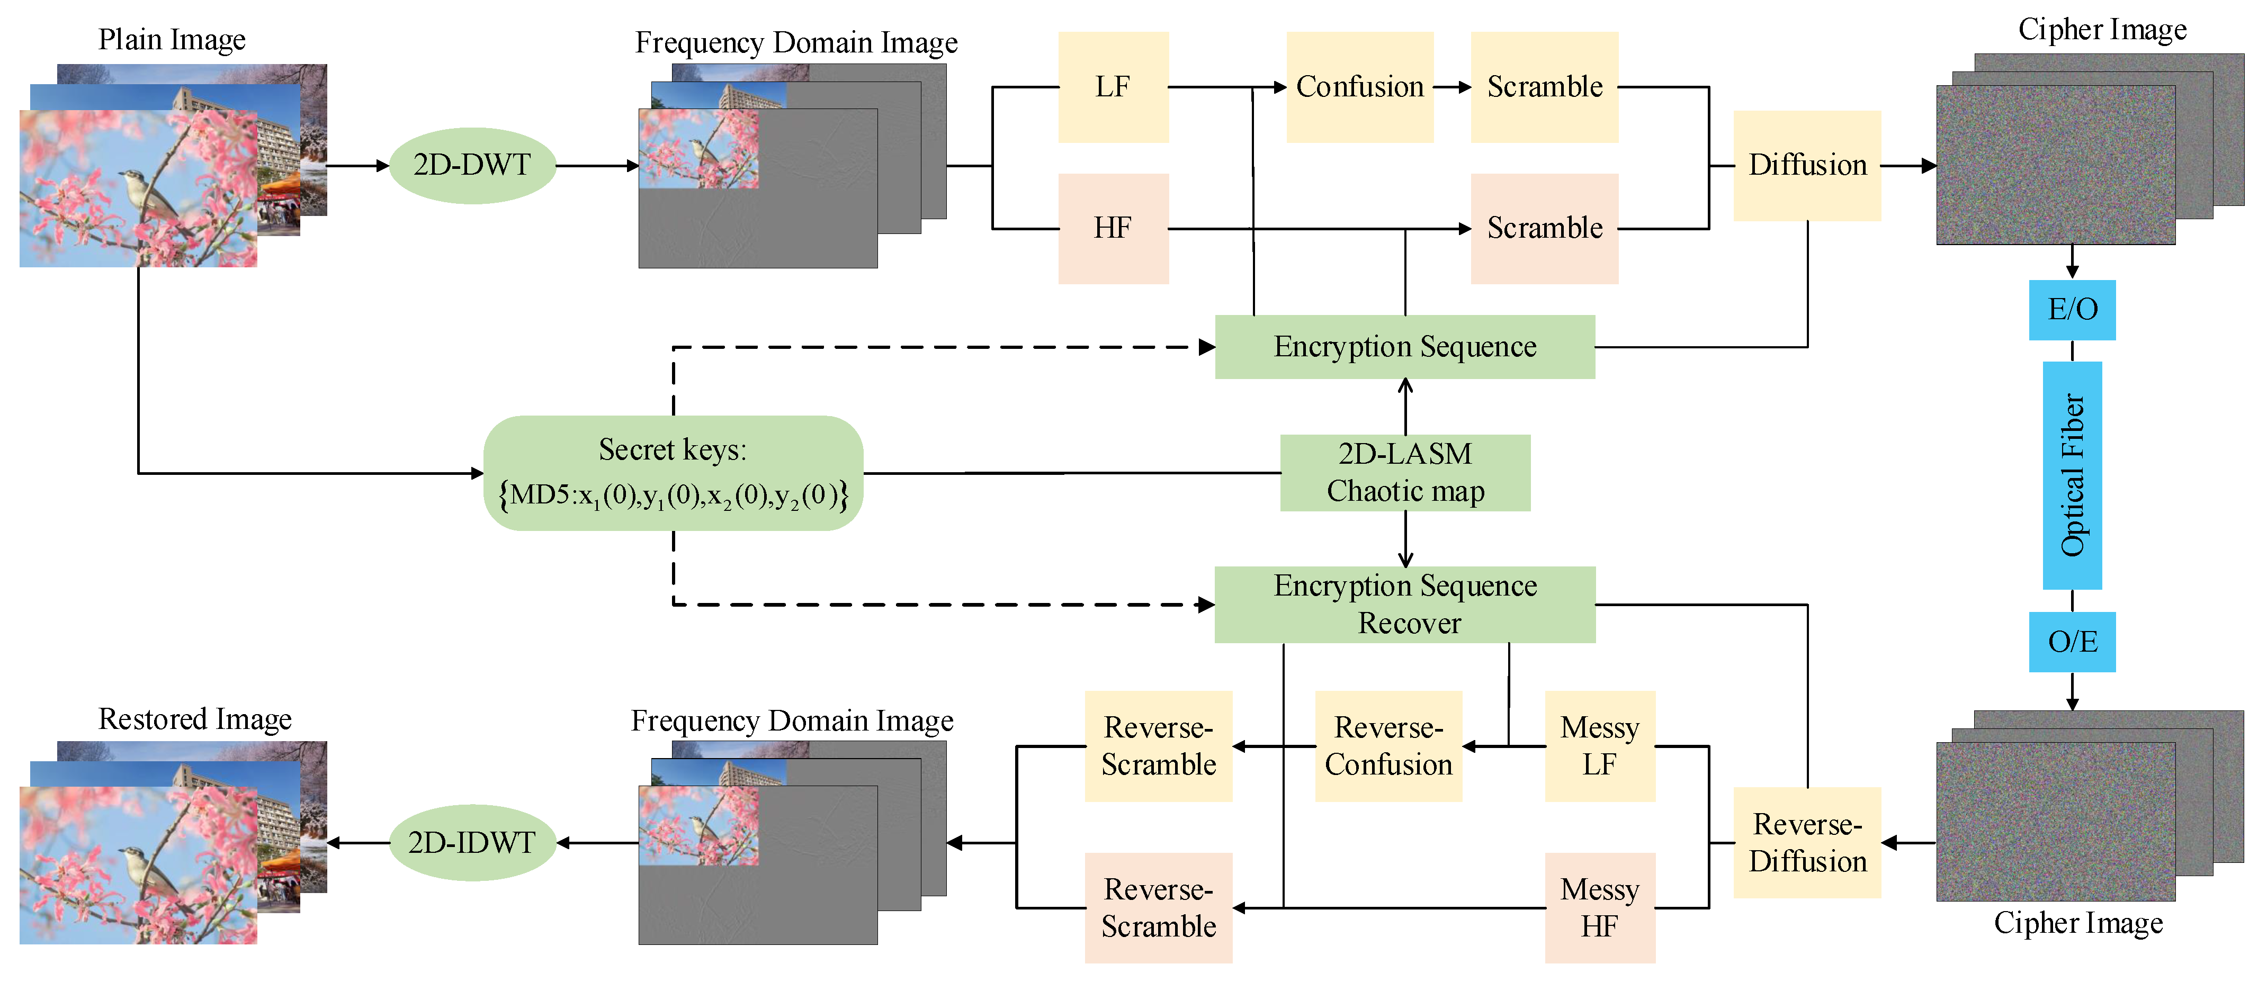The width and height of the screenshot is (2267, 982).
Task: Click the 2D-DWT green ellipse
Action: point(472,165)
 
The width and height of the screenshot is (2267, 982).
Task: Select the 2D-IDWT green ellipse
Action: point(472,843)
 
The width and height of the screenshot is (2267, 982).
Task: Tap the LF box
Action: point(1113,87)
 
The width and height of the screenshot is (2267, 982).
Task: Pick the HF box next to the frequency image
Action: point(1113,229)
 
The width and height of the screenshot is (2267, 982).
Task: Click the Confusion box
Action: point(1360,87)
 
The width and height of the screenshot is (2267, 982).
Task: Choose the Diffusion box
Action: point(1807,165)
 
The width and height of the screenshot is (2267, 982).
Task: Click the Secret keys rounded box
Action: point(673,473)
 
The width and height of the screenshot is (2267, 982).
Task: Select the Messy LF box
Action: point(1599,746)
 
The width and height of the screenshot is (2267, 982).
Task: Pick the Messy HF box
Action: point(1599,907)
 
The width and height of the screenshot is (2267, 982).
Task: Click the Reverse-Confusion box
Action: point(1388,746)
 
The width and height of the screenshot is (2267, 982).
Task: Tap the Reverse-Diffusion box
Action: point(1807,843)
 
